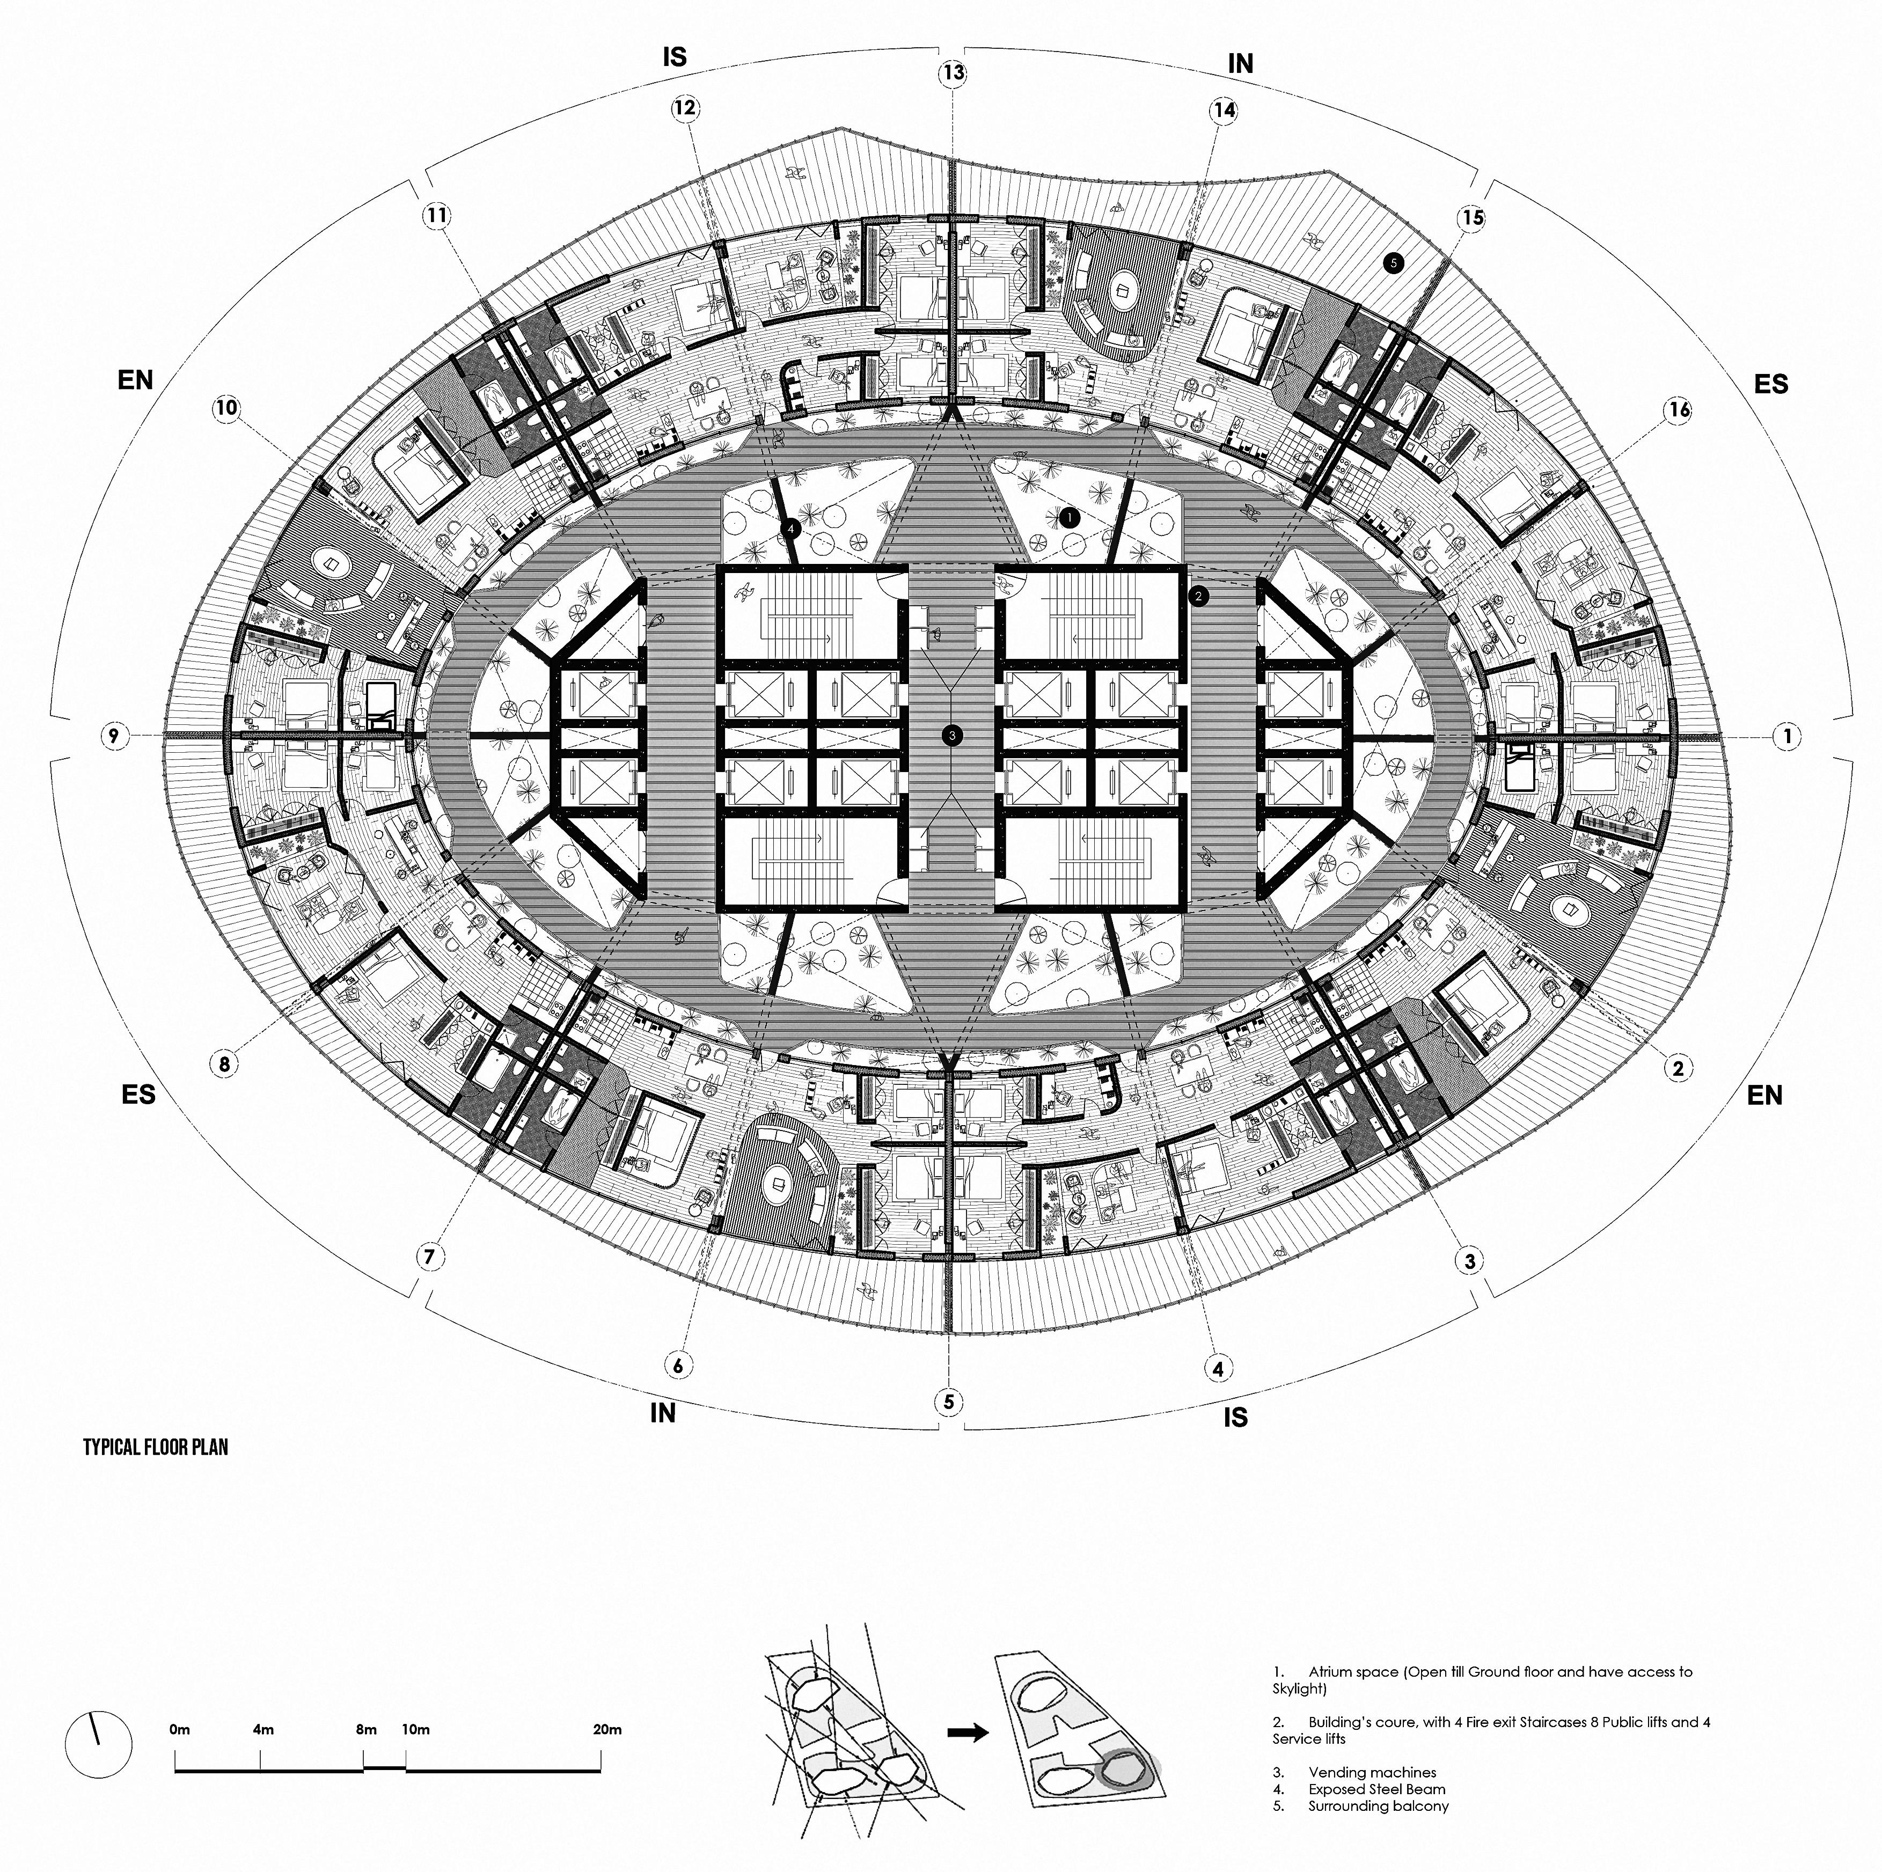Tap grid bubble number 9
(x=114, y=736)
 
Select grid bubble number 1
(x=1786, y=736)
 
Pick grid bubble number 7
(x=430, y=1257)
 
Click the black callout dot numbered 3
(x=951, y=736)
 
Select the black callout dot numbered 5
(x=1393, y=262)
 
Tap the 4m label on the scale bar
(x=263, y=1730)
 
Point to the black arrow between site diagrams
(x=968, y=1732)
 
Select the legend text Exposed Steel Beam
(x=1376, y=1789)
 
